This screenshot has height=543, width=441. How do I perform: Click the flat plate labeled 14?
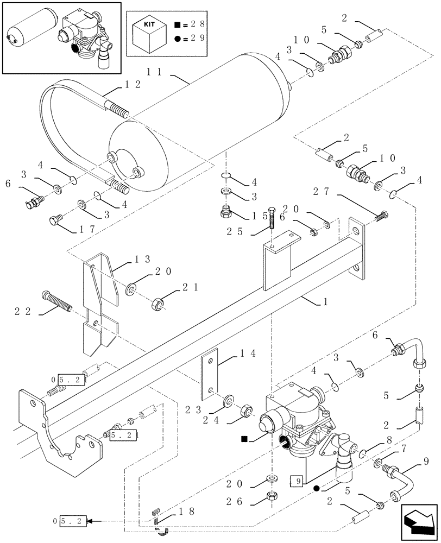coord(210,375)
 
